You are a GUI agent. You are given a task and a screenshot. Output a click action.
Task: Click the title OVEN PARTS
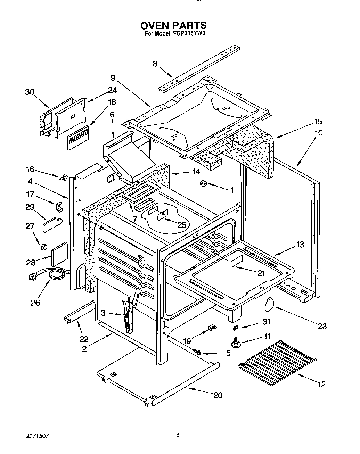[173, 25]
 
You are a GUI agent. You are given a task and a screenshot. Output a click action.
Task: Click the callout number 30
[30, 92]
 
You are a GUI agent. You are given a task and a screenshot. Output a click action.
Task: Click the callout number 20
[218, 395]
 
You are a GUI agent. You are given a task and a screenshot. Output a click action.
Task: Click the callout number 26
[35, 302]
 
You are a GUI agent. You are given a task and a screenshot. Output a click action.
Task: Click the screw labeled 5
[199, 353]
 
